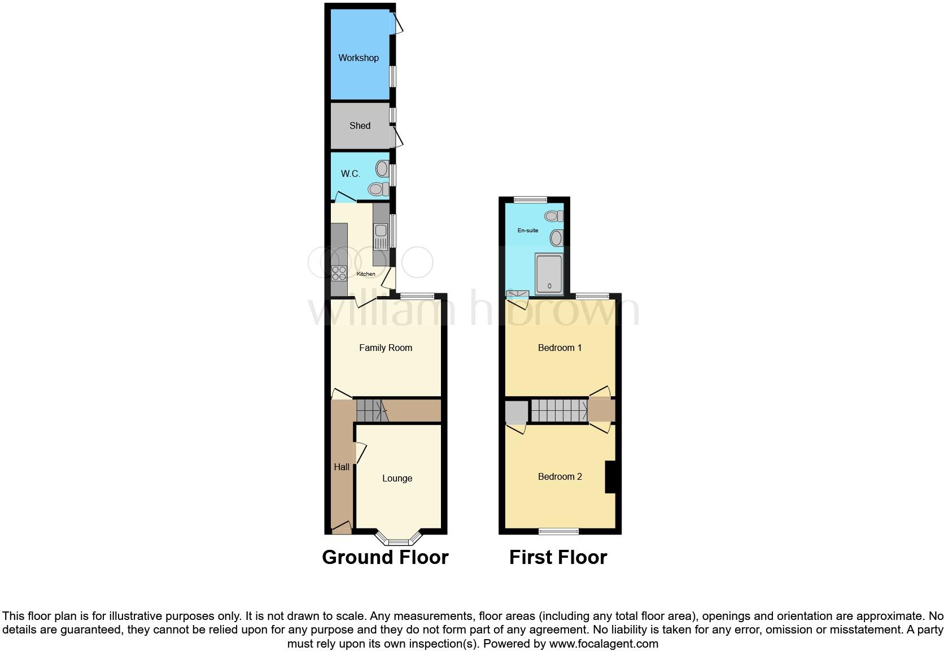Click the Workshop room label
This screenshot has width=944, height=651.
pyautogui.click(x=359, y=58)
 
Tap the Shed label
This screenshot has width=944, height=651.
pyautogui.click(x=360, y=125)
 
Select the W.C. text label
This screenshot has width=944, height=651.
pyautogui.click(x=350, y=173)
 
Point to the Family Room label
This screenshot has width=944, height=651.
pyautogui.click(x=386, y=348)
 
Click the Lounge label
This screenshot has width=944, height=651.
pyautogui.click(x=397, y=478)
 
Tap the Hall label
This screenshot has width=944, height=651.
pyautogui.click(x=342, y=467)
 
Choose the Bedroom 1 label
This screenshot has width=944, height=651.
pyautogui.click(x=560, y=348)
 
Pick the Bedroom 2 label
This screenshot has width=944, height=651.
pyautogui.click(x=560, y=476)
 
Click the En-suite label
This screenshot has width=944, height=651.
pyautogui.click(x=528, y=231)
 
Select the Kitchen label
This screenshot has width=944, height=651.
pyautogui.click(x=366, y=274)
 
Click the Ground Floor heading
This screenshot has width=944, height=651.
pyautogui.click(x=385, y=557)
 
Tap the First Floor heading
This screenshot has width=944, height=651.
pyautogui.click(x=558, y=557)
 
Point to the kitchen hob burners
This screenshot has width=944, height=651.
pyautogui.click(x=339, y=273)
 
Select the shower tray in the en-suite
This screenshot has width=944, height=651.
pyautogui.click(x=549, y=275)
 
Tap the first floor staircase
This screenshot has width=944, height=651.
pyautogui.click(x=559, y=410)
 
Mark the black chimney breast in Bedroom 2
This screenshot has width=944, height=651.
pyautogui.click(x=610, y=477)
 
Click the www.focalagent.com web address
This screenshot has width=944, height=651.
pyautogui.click(x=604, y=644)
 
